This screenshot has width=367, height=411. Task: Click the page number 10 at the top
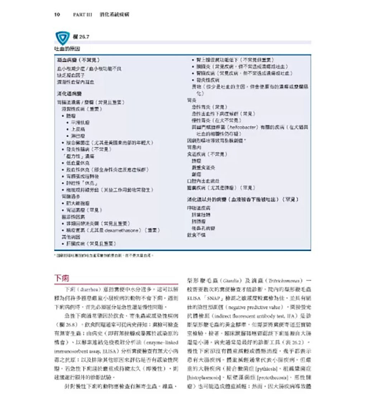click(x=57, y=15)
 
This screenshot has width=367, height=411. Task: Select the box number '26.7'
click(x=84, y=37)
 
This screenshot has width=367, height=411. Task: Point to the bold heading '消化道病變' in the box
click(x=68, y=94)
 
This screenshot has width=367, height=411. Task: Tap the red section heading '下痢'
click(x=62, y=279)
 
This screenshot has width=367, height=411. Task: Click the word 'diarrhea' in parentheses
click(x=87, y=289)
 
